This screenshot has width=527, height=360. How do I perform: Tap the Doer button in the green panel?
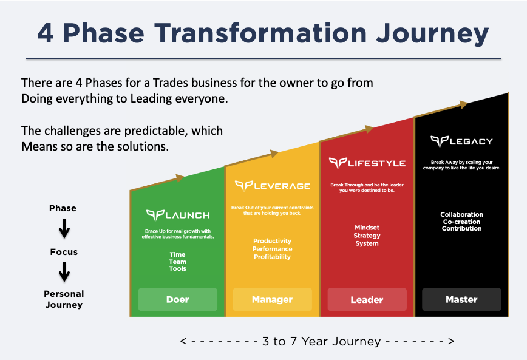click(x=177, y=299)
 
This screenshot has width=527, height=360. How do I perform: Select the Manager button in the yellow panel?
click(x=272, y=299)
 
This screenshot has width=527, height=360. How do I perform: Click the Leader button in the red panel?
click(x=367, y=299)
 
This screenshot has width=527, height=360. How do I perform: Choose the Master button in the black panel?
click(x=461, y=299)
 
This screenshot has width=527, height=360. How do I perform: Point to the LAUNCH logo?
click(x=178, y=215)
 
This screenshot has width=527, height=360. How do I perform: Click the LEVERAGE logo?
click(x=273, y=185)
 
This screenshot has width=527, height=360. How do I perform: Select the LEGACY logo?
click(x=461, y=141)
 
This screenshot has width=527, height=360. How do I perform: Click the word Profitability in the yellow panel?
click(x=273, y=257)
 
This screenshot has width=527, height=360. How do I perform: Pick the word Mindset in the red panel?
click(x=367, y=228)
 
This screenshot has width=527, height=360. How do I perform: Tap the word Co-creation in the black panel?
click(x=461, y=222)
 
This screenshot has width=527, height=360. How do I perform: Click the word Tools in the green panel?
click(x=178, y=268)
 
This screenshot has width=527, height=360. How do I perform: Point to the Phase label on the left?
click(x=63, y=208)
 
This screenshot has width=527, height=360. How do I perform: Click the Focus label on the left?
click(x=64, y=252)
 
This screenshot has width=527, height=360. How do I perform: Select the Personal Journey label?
click(x=64, y=299)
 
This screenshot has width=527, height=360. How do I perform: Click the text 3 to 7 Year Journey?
click(x=317, y=341)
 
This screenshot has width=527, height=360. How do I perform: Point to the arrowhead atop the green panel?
click(x=180, y=178)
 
